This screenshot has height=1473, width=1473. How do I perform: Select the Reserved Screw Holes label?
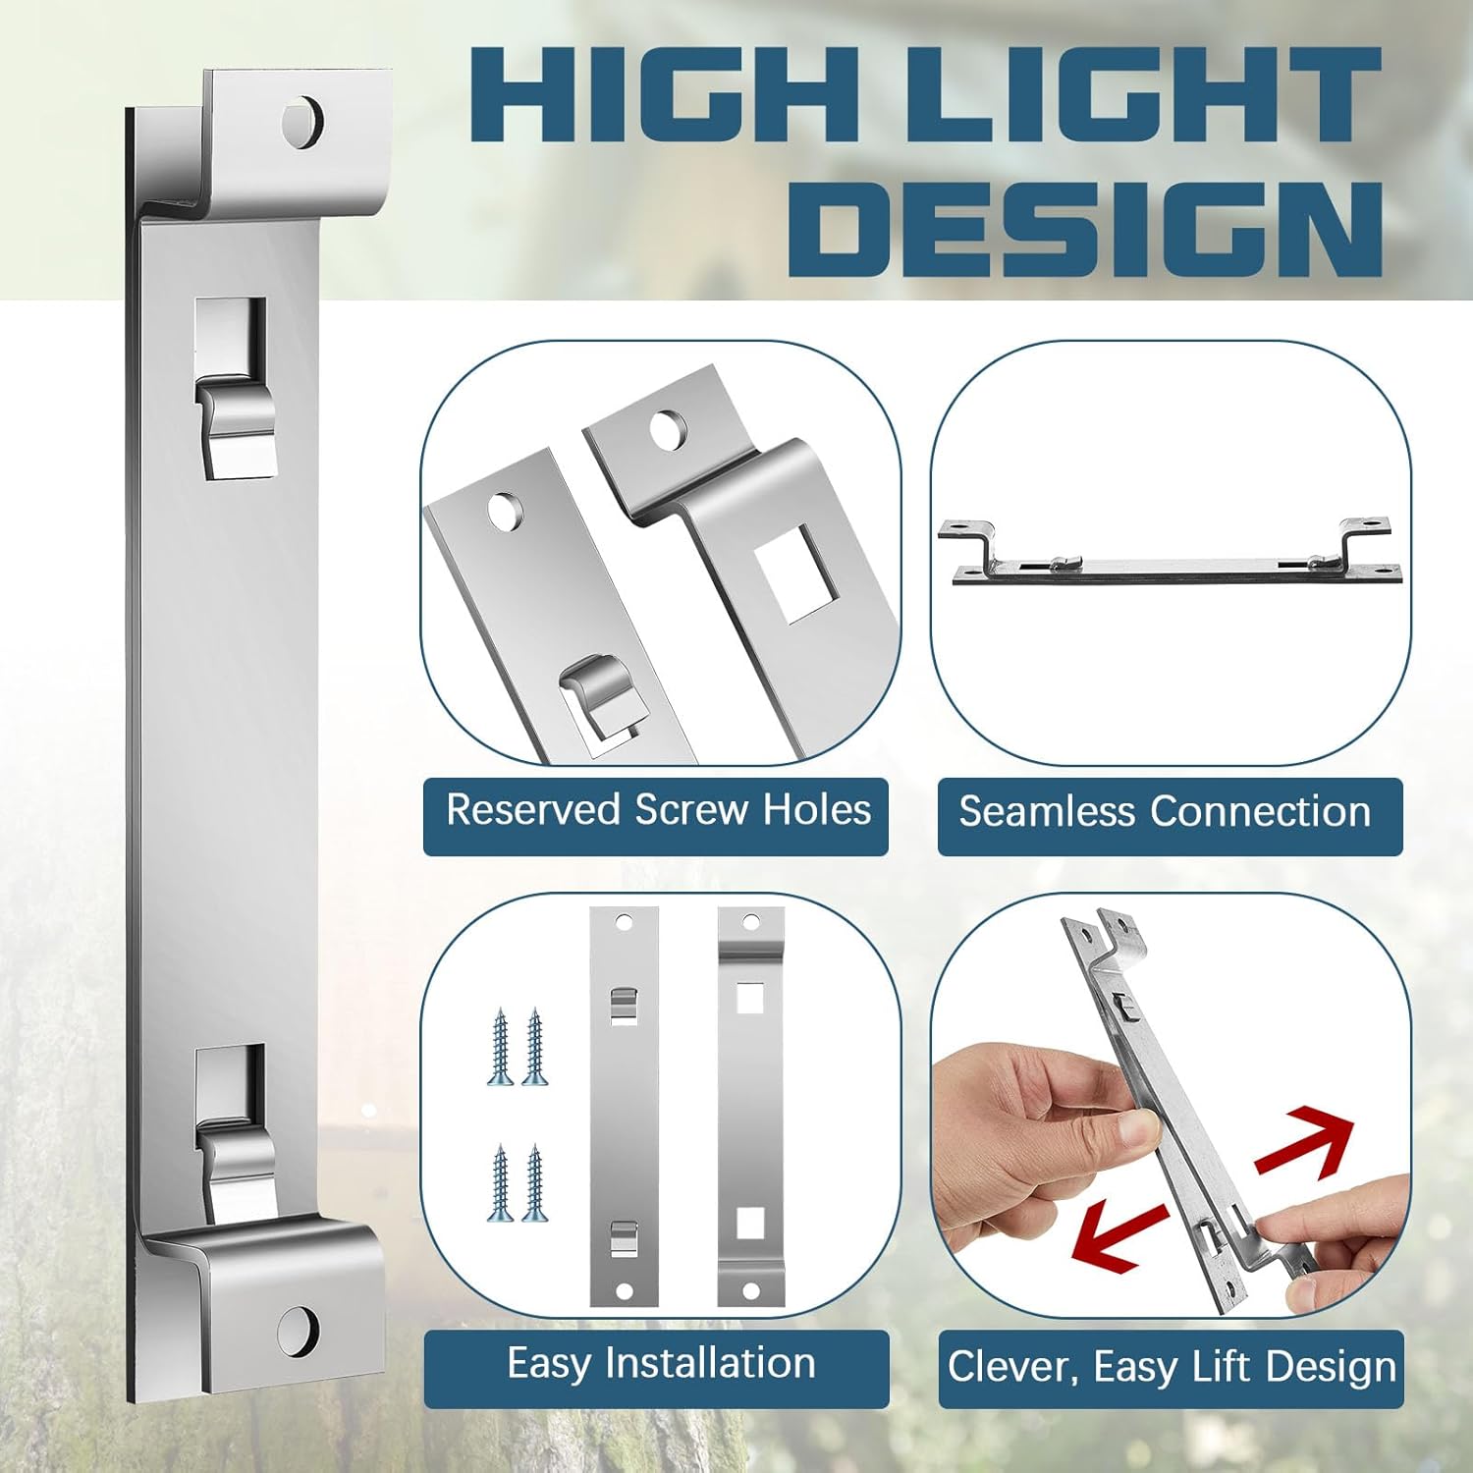click(x=658, y=811)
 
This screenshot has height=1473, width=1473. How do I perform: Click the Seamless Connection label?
click(x=1166, y=813)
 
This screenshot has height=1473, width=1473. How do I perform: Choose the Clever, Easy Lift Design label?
click(x=1172, y=1367)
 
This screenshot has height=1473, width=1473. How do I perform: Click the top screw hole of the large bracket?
click(x=302, y=121)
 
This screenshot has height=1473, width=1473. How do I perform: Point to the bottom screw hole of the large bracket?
click(x=299, y=1331)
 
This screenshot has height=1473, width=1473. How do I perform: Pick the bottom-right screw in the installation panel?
click(x=535, y=1182)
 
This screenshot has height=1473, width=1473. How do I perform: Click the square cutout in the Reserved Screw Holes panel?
click(x=797, y=574)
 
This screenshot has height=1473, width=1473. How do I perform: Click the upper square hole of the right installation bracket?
click(x=750, y=998)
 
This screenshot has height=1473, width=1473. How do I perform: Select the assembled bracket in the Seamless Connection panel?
click(x=1169, y=552)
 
